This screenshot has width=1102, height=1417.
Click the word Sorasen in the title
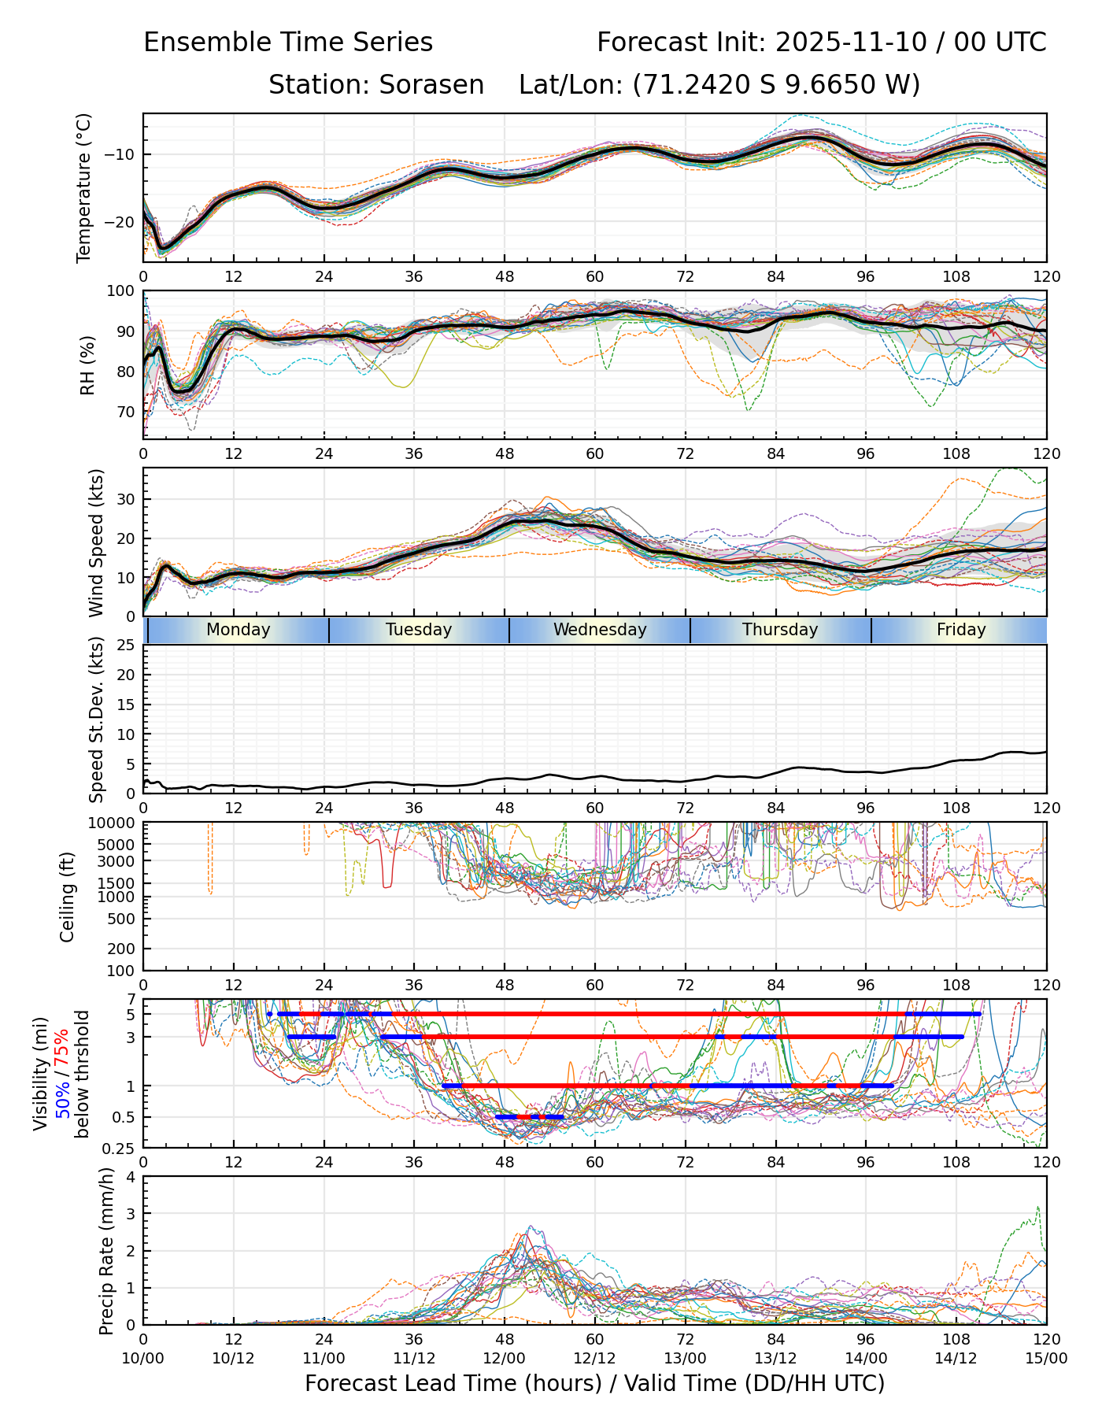point(431,85)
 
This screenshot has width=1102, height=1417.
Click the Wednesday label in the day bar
point(600,630)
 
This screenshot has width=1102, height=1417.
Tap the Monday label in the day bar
point(238,630)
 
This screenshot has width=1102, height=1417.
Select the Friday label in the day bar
point(961,630)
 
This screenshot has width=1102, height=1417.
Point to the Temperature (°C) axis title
point(84,187)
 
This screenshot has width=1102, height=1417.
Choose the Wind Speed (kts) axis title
point(96,542)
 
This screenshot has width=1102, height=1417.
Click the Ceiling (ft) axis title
point(68,897)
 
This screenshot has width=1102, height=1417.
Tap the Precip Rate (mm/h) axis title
point(106,1251)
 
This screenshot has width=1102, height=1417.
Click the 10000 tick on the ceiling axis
point(114,823)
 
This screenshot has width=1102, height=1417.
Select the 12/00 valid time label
point(505,1358)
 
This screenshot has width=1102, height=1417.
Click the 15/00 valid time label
point(1046,1358)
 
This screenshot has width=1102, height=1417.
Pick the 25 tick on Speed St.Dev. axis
point(126,646)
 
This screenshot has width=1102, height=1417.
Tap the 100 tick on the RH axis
point(121,291)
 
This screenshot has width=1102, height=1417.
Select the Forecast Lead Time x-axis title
point(594,1383)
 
